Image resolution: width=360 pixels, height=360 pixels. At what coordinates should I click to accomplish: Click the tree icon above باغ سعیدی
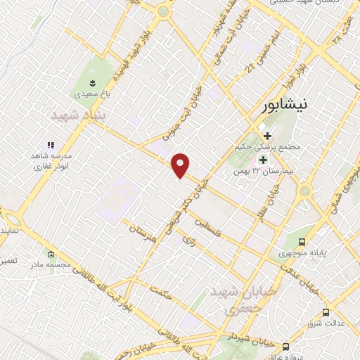pyautogui.click(x=78, y=79)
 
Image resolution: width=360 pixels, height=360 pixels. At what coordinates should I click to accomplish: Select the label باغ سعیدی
pyautogui.click(x=78, y=92)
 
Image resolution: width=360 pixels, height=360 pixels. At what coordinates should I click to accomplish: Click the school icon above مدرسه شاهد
pyautogui.click(x=51, y=143)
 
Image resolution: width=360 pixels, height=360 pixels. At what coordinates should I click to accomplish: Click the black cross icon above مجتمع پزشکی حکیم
pyautogui.click(x=266, y=135)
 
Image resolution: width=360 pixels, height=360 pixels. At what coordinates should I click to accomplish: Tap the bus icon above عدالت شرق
pyautogui.click(x=326, y=311)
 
